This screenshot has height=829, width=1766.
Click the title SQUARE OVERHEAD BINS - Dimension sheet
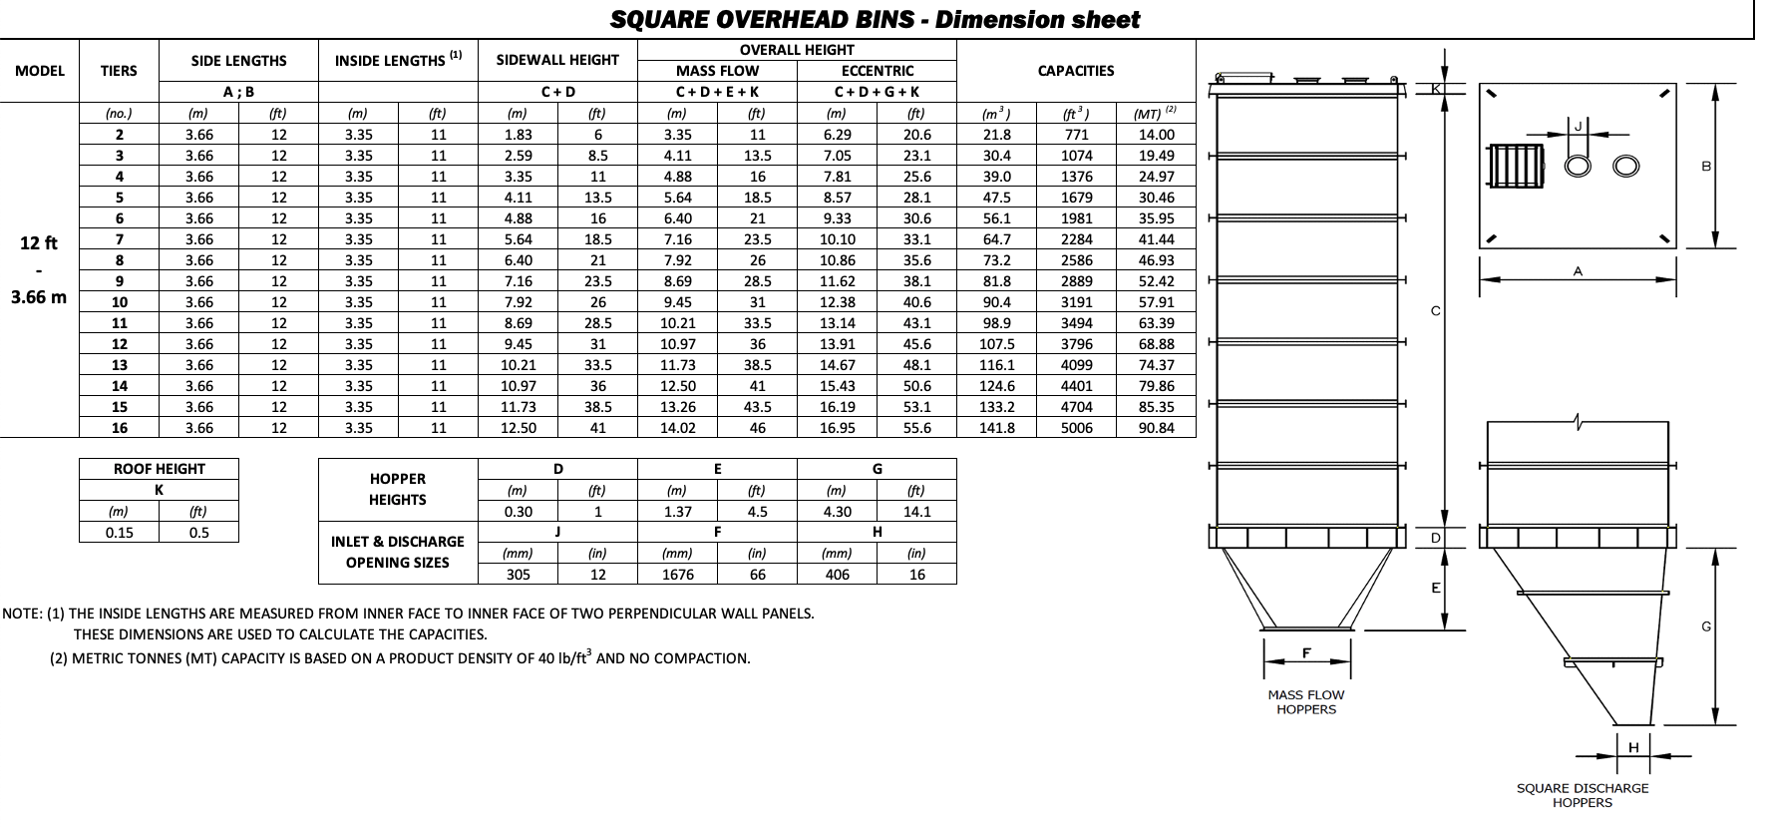coord(875,20)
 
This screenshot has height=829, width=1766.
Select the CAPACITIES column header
coord(1076,71)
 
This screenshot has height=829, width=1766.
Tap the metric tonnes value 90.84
coord(1156,428)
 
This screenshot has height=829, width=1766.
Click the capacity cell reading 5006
coord(1076,428)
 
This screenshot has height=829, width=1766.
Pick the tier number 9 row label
coord(120,281)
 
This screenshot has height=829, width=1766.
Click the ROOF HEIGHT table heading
coord(159,469)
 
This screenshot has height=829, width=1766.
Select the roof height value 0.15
coord(120,533)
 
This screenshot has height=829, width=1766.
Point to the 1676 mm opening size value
coord(677,575)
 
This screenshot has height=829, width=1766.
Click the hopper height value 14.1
coord(916,512)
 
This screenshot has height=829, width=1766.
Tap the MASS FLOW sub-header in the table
coord(717,71)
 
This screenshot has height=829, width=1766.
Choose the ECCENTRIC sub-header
coord(877,71)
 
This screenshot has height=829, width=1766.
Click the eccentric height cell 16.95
coord(837,428)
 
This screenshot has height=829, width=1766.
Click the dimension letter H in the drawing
coord(1633,747)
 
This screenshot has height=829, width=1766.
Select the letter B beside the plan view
coord(1706,167)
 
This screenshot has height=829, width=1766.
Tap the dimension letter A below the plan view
coord(1578,271)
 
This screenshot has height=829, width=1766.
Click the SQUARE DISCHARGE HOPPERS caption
coord(1582,795)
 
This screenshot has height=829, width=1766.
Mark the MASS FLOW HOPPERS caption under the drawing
coord(1305,702)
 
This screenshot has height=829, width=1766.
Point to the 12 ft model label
coord(39,243)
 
